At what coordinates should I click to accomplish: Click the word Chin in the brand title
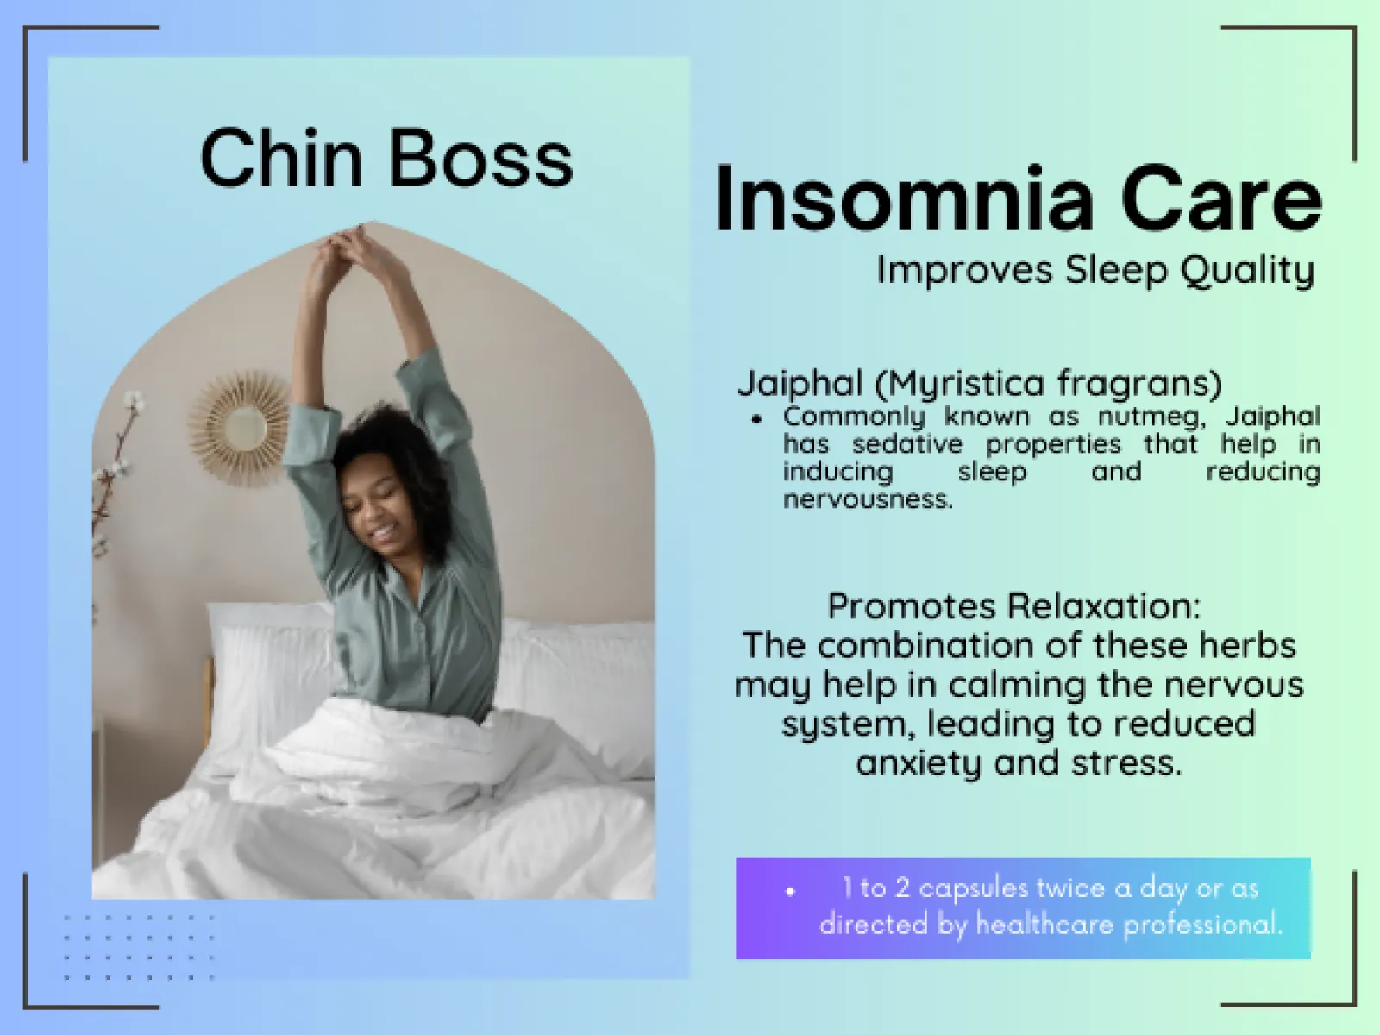[x=282, y=157]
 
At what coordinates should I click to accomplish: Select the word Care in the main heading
[x=1222, y=200]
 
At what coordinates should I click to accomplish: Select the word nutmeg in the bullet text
[x=1151, y=417]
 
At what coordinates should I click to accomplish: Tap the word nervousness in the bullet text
[x=868, y=499]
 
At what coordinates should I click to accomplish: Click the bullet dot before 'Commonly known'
[x=757, y=419]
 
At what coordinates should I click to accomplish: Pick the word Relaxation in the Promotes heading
[x=1103, y=606]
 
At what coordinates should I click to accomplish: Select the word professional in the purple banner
[x=1202, y=925]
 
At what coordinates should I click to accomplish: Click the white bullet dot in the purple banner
[x=790, y=890]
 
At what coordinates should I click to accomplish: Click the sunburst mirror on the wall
[x=240, y=427]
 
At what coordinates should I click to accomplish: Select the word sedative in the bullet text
[x=907, y=445]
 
